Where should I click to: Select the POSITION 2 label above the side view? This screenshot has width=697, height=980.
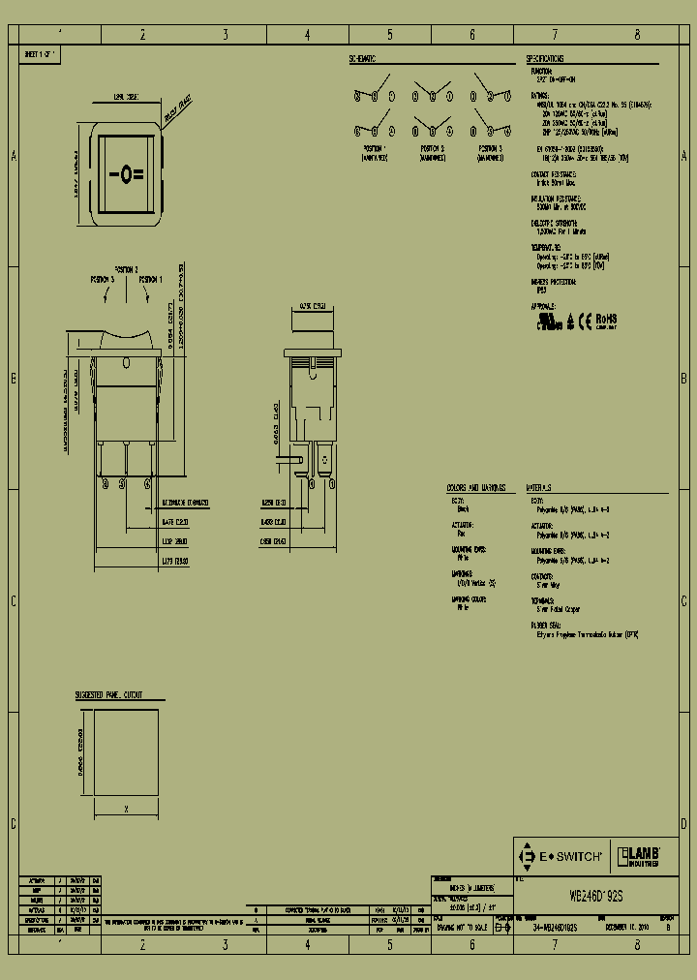pos(127,268)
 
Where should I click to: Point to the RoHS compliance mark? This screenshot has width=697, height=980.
pos(606,319)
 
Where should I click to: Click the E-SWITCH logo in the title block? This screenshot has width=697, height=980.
pos(561,856)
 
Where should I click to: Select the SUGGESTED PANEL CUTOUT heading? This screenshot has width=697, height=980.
pos(108,695)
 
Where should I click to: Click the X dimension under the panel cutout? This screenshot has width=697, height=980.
pos(127,807)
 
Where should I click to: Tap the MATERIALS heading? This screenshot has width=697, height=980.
pos(539,487)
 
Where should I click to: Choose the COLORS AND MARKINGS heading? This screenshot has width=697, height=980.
pos(471,487)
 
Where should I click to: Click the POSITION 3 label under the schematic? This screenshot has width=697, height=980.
pos(490,149)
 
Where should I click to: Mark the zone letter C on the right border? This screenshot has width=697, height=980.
pos(683,601)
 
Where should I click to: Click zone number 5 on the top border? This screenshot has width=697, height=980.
pos(390,34)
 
